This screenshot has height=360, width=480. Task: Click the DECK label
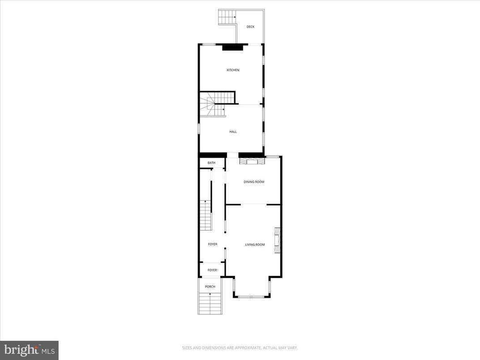tap(250, 27)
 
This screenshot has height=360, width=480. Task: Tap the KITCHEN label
tap(233, 70)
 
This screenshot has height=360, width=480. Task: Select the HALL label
tap(233, 132)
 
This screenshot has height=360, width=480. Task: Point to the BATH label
tap(211, 163)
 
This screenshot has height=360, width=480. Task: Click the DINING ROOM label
tap(254, 182)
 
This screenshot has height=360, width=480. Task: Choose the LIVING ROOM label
tap(255, 244)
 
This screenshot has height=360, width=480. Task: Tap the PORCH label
tap(210, 287)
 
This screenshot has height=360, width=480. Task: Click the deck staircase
tap(227, 17)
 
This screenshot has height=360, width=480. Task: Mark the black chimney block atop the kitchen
tap(232, 47)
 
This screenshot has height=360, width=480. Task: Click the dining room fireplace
tap(252, 161)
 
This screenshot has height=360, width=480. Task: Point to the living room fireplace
tap(277, 240)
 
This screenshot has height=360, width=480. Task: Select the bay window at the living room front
tap(251, 296)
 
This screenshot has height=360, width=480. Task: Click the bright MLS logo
tap(29, 350)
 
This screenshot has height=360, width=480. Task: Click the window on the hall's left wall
tap(199, 129)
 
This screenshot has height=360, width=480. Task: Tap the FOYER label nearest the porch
tap(212, 270)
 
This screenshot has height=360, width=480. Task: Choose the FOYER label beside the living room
tap(212, 244)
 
